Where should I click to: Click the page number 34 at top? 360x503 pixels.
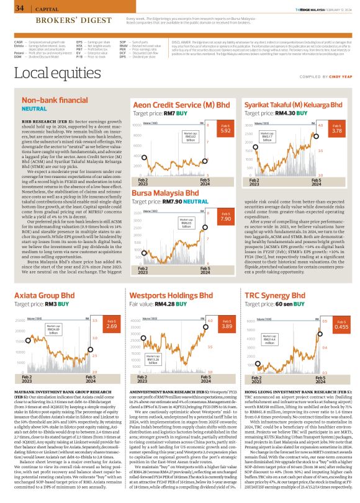19,8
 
